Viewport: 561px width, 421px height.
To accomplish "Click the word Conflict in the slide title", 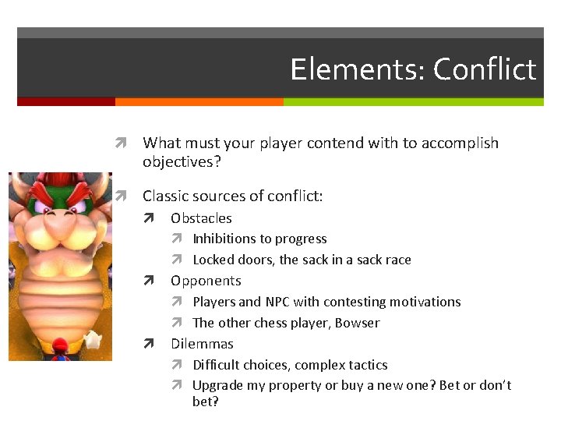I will click(484, 69).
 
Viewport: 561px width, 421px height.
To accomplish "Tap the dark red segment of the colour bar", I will click(65, 101).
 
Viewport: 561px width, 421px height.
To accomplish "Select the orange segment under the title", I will click(199, 101).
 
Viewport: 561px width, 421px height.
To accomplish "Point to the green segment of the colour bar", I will click(413, 101).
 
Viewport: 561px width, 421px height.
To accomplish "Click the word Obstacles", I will click(201, 218).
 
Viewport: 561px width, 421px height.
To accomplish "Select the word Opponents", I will click(206, 281).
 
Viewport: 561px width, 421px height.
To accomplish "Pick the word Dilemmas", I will click(202, 344).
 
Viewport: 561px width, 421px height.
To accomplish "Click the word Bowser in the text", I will click(357, 323).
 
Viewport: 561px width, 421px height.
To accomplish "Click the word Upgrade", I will click(218, 385).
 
